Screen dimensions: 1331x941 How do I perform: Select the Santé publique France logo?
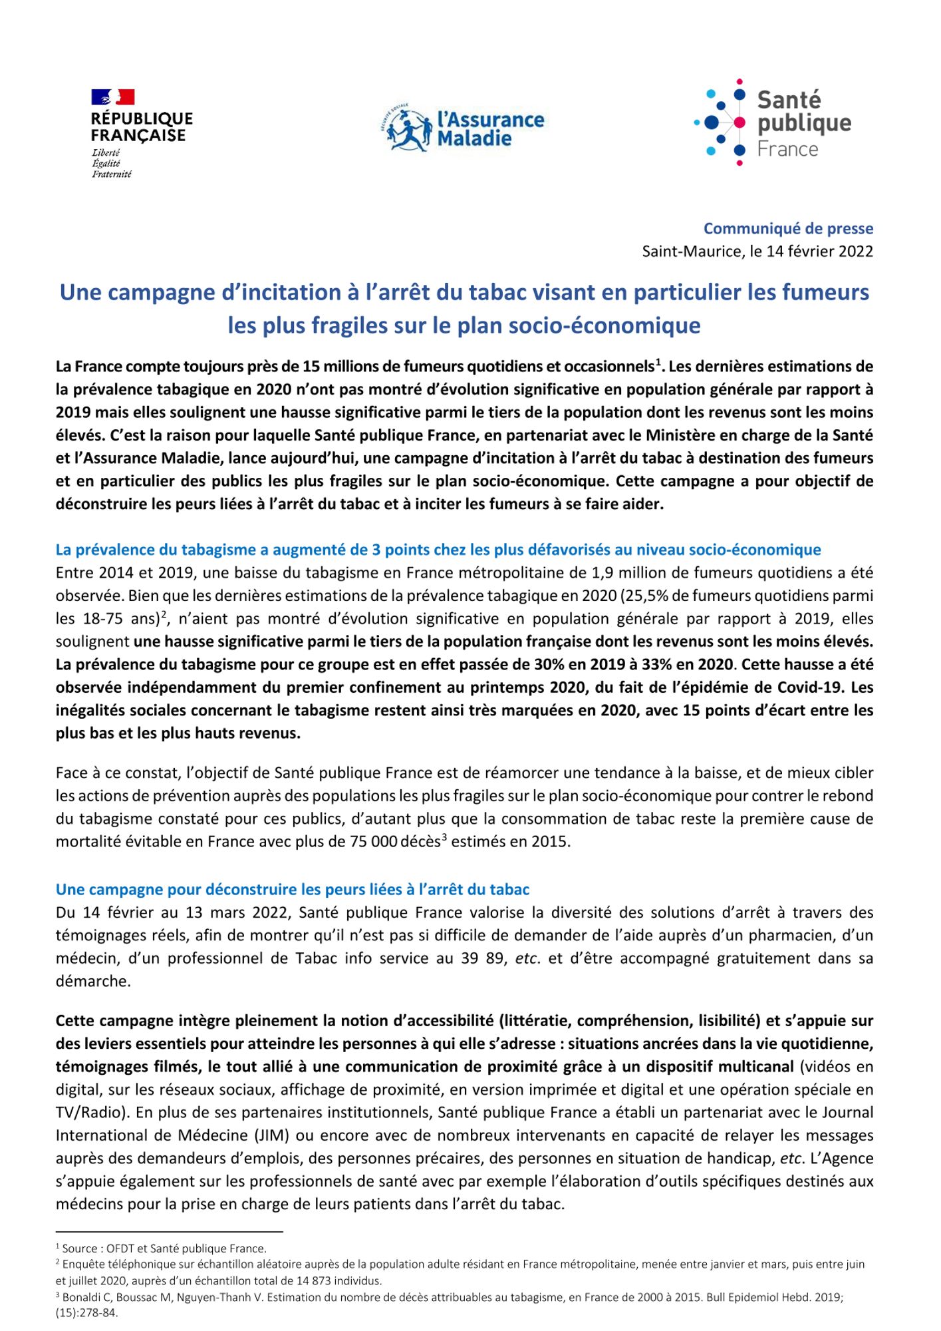772,123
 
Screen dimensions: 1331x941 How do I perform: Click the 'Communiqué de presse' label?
788,229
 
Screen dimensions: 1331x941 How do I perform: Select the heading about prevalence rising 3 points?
438,550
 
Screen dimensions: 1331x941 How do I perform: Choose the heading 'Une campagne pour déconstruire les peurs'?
293,890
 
